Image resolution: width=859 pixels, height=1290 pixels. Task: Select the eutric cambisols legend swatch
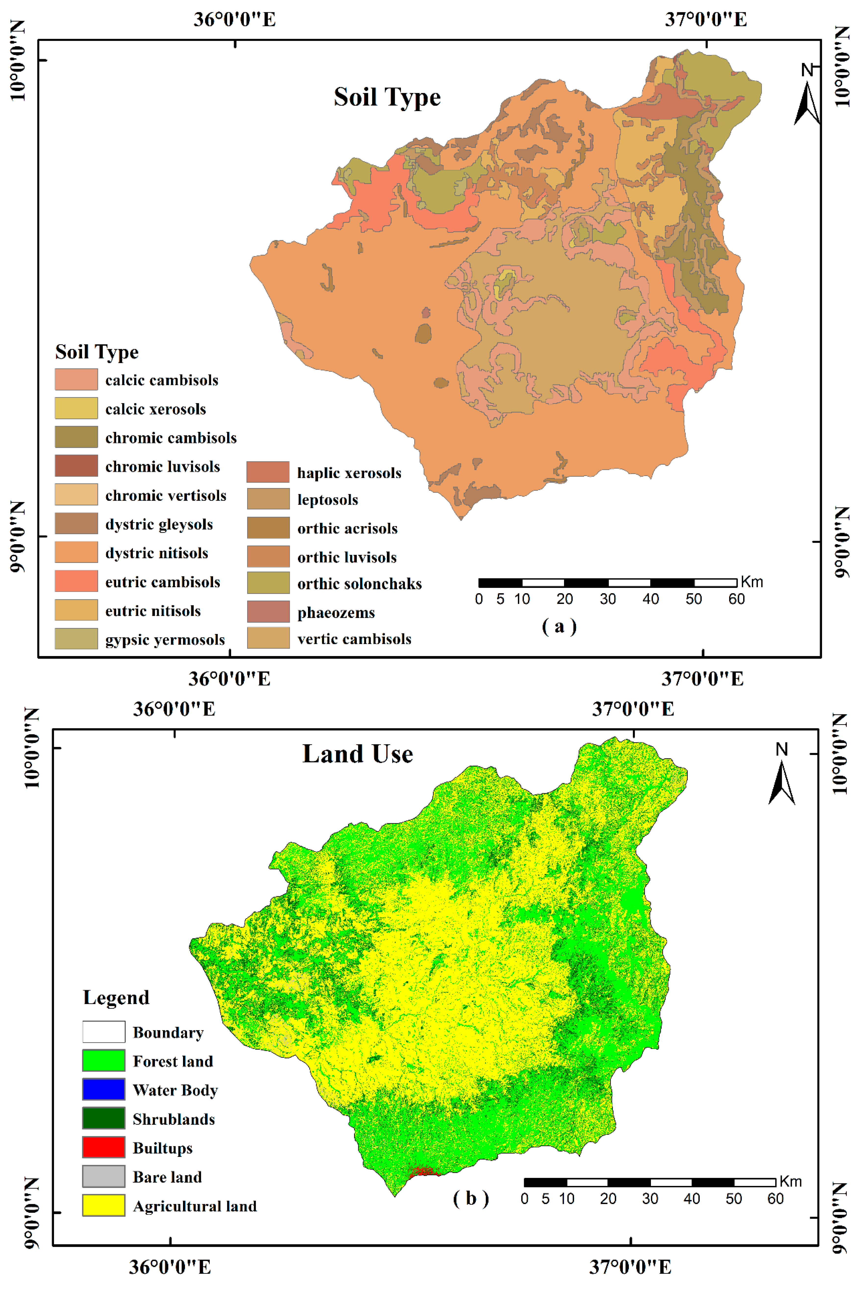(x=76, y=581)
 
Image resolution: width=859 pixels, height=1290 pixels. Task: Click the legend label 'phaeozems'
(x=336, y=612)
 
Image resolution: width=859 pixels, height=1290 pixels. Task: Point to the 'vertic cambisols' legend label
(x=354, y=639)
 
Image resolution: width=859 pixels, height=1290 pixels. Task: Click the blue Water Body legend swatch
(x=104, y=1089)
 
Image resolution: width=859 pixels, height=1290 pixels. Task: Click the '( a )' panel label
(x=559, y=626)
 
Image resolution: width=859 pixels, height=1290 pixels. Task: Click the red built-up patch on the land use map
(x=423, y=1171)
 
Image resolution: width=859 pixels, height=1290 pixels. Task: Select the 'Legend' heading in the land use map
(x=116, y=997)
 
